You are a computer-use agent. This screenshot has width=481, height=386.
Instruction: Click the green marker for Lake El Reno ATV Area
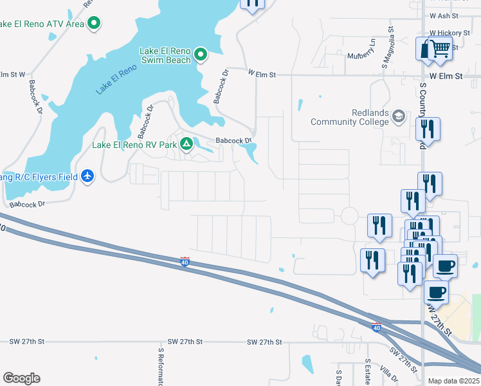pos(94,24)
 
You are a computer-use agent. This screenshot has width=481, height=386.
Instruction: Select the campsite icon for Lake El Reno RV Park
pos(186,144)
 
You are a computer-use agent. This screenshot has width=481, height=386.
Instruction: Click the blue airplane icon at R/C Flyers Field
pos(88,176)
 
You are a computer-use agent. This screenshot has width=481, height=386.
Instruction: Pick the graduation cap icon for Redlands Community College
pos(398,116)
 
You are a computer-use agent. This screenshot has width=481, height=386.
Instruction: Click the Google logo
pos(21,378)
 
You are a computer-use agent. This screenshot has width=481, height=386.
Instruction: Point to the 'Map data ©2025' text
pos(453,381)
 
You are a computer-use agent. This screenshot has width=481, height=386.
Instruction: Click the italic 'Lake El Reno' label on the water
pos(117,80)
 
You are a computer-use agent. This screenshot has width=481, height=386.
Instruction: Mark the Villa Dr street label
pos(389,374)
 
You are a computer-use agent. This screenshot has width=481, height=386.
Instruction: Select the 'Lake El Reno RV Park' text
pos(134,145)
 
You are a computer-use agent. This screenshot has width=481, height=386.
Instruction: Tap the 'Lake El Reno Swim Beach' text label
pos(165,55)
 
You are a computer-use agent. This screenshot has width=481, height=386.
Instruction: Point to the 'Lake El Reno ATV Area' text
pos(42,24)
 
